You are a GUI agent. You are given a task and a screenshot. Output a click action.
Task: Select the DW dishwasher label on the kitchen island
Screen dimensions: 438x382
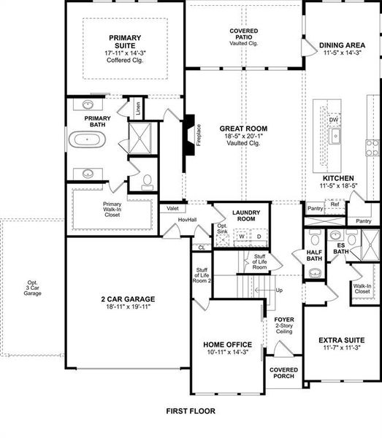pyautogui.click(x=334, y=120)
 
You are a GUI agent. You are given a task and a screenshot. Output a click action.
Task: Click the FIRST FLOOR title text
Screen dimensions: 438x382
pyautogui.click(x=191, y=411)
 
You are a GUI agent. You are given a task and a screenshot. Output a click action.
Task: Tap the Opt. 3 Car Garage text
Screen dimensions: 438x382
pyautogui.click(x=31, y=288)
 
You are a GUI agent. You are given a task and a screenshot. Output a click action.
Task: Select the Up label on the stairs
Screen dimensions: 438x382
pyautogui.click(x=278, y=290)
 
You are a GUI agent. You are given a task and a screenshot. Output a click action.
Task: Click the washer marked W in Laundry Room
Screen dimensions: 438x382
pyautogui.click(x=242, y=237)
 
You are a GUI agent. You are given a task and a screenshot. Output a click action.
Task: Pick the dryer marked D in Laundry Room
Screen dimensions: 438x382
pyautogui.click(x=259, y=237)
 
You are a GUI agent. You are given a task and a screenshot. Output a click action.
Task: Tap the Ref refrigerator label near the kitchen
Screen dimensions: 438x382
pyautogui.click(x=335, y=204)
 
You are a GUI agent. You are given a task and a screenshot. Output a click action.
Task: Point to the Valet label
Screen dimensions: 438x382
pyautogui.click(x=172, y=208)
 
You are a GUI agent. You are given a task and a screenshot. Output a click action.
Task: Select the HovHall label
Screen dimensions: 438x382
pyautogui.click(x=188, y=220)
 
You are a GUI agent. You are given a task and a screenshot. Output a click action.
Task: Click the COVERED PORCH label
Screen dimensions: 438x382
pyautogui.click(x=283, y=373)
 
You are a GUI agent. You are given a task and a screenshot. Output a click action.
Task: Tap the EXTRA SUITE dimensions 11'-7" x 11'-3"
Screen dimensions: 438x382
pyautogui.click(x=342, y=348)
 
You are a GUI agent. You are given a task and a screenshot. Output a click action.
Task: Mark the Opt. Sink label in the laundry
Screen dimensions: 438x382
pyautogui.click(x=222, y=230)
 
